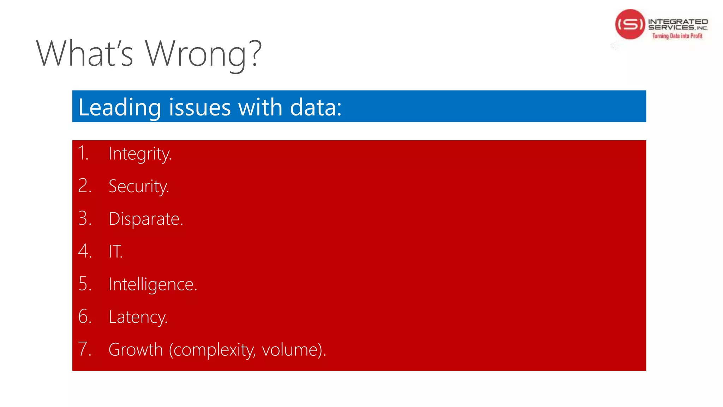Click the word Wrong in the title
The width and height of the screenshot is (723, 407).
196,54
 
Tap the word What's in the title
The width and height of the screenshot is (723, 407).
85,54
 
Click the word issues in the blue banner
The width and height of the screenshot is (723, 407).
199,107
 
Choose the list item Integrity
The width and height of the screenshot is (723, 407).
140,154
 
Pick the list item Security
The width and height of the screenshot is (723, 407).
139,187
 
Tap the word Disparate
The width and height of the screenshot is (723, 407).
145,219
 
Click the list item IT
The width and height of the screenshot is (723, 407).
115,252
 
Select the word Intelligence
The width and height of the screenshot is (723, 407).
153,284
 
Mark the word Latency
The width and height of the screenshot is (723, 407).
138,317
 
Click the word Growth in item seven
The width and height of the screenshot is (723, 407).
136,350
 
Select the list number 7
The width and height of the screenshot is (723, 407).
84,349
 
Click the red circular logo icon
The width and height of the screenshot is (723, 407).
630,24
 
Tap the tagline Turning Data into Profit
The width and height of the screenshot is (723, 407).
677,36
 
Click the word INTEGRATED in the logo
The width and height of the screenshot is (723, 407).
678,22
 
